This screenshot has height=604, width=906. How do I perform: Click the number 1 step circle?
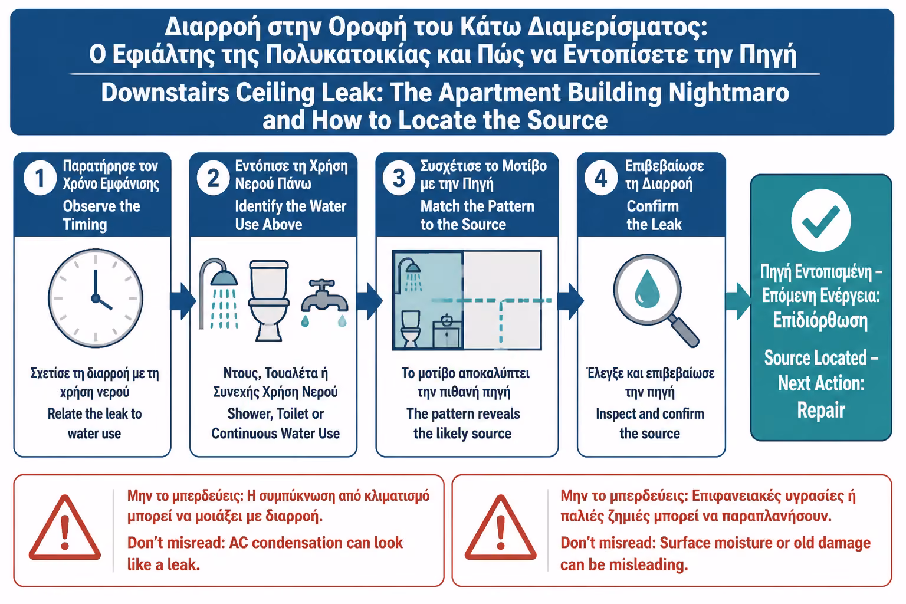(x=40, y=178)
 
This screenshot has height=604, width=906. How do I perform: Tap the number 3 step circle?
(x=399, y=178)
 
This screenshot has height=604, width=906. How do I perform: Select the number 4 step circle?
(x=601, y=178)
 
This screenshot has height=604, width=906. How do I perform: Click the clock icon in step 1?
(x=96, y=298)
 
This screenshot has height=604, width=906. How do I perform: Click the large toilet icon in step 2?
(x=268, y=300)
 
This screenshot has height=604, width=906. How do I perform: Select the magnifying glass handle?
(x=684, y=331)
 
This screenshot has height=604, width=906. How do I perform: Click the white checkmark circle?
(x=821, y=221)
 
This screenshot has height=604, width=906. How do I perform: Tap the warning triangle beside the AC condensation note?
(x=65, y=528)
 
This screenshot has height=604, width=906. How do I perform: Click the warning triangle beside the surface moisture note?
(x=501, y=528)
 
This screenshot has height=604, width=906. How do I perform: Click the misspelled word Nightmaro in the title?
(x=729, y=93)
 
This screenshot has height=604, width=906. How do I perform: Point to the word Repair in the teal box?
(x=821, y=410)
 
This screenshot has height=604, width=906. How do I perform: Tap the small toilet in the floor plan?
(x=411, y=329)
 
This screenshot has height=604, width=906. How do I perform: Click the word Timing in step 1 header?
(x=85, y=225)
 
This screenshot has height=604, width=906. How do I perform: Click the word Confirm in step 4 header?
(x=653, y=206)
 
